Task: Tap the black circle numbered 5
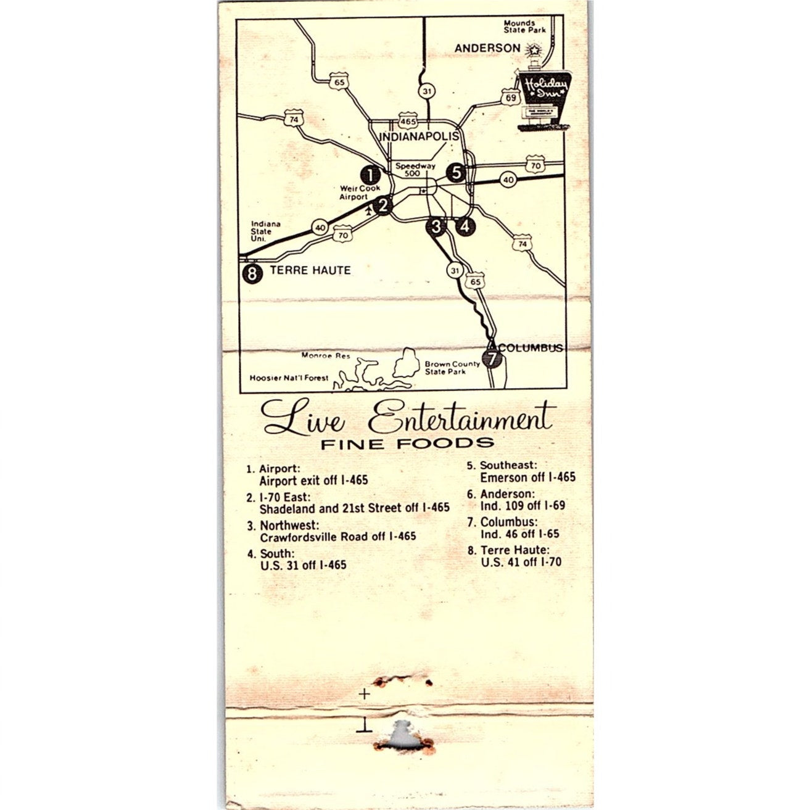[x=457, y=173]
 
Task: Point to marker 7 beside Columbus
[x=492, y=358]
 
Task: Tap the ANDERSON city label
[x=487, y=48]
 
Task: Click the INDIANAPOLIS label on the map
[x=419, y=136]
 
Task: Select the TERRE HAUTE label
[x=310, y=270]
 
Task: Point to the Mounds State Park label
[x=524, y=27]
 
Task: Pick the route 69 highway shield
[x=510, y=97]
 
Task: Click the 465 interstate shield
[x=408, y=121]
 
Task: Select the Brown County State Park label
[x=452, y=368]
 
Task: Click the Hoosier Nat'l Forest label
[x=289, y=378]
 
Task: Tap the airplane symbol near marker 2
[x=369, y=211]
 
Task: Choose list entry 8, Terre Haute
[x=521, y=556]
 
